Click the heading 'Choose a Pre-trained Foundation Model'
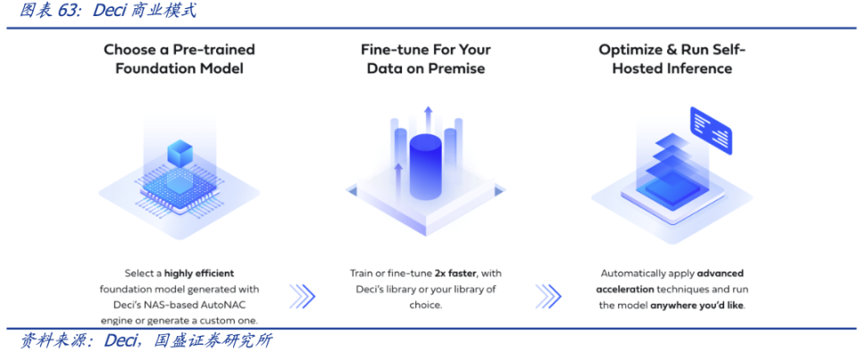pyautogui.click(x=179, y=59)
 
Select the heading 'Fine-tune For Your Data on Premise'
pyautogui.click(x=426, y=59)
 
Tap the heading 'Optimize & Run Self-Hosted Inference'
pyautogui.click(x=672, y=59)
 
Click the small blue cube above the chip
pyautogui.click(x=179, y=152)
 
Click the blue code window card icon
pyautogui.click(x=711, y=131)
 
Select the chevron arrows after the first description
pyautogui.click(x=302, y=297)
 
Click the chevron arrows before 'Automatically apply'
pyautogui.click(x=548, y=297)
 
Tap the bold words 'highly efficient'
pyautogui.click(x=199, y=273)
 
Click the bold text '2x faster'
pyautogui.click(x=455, y=273)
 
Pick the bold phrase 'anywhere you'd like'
pyautogui.click(x=697, y=306)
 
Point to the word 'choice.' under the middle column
pyautogui.click(x=426, y=306)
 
